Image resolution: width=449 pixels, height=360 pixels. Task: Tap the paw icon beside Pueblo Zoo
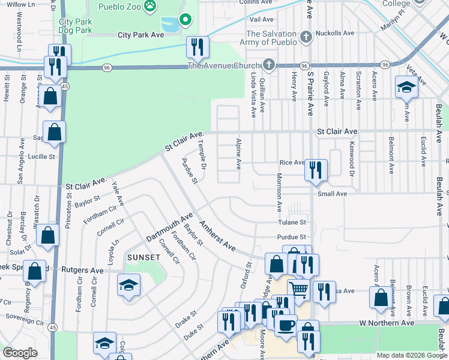(x=151, y=7)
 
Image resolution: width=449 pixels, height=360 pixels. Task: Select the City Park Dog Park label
(x=75, y=25)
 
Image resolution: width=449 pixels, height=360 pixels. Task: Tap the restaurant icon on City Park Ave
(x=197, y=46)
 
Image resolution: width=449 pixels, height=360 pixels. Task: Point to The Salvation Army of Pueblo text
(x=271, y=38)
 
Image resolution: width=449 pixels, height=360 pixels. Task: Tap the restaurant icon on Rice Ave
(x=315, y=170)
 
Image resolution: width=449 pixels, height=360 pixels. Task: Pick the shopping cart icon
(x=298, y=290)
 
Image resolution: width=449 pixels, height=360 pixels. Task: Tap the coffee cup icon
(x=286, y=325)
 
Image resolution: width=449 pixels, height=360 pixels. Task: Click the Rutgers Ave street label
(x=82, y=270)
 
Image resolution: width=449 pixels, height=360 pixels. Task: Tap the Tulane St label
(x=292, y=223)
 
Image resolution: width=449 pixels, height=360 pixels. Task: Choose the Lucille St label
(x=40, y=156)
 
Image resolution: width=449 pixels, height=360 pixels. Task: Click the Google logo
(x=20, y=353)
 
